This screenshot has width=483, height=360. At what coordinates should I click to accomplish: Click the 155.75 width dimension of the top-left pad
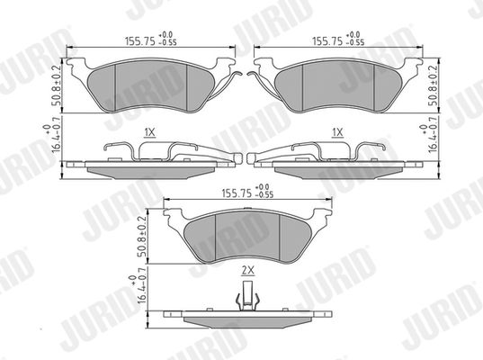(x=151, y=39)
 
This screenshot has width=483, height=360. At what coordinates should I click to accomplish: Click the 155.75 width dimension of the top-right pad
(x=338, y=39)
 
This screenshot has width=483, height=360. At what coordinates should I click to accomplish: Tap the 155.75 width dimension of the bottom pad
(x=247, y=192)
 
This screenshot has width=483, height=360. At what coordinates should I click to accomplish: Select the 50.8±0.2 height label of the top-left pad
(x=57, y=85)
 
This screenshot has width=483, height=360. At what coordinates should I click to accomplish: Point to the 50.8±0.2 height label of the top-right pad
(x=434, y=85)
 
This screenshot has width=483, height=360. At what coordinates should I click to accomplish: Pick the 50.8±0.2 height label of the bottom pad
(x=142, y=237)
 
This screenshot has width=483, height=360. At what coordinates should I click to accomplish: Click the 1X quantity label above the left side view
(x=149, y=132)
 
